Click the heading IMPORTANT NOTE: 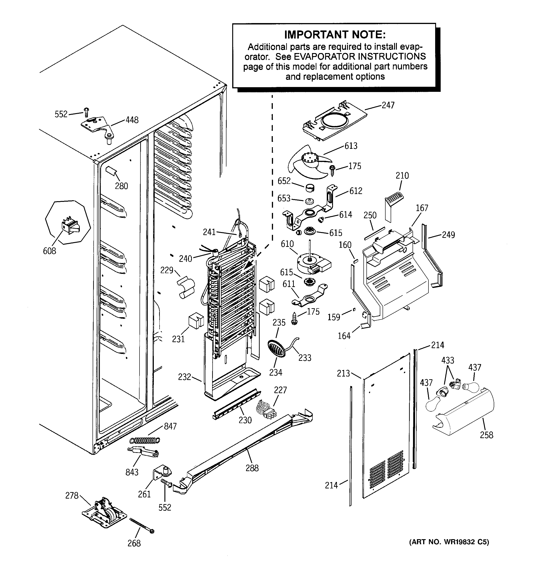click(x=335, y=35)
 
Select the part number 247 click(x=388, y=105)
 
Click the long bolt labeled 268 click(x=142, y=525)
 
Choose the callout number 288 click(x=252, y=468)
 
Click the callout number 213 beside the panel click(x=343, y=373)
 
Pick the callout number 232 click(x=184, y=377)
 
